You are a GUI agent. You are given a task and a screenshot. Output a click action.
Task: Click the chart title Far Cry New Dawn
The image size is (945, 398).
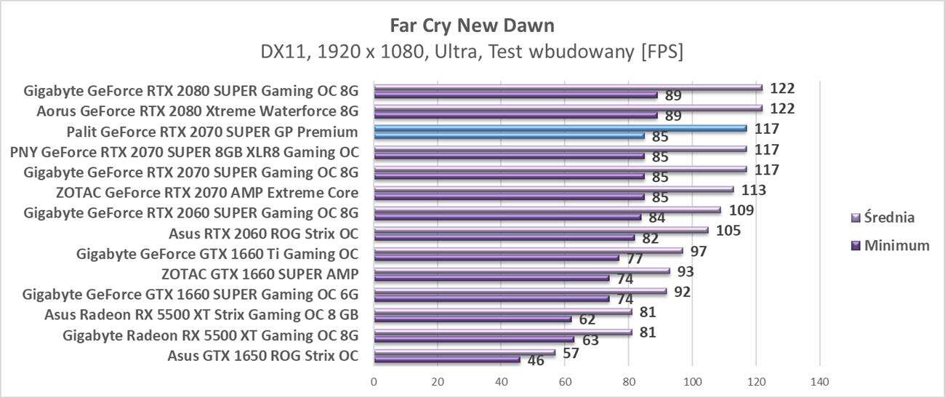472,26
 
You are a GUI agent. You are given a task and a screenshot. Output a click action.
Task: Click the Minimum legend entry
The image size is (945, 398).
896,245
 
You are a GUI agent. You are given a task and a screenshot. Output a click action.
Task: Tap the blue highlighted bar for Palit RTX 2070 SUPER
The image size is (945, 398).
560,128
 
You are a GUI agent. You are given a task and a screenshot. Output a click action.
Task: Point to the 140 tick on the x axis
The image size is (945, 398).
819,382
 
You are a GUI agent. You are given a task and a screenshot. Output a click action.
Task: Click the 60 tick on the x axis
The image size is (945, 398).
565,382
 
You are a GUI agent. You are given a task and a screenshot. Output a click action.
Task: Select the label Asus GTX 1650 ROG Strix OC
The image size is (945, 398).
262,356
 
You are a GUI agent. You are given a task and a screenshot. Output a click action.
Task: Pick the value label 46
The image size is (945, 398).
536,361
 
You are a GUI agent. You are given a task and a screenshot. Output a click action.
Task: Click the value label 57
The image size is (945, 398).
571,353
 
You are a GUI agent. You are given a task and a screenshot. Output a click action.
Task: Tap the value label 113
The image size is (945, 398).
752,190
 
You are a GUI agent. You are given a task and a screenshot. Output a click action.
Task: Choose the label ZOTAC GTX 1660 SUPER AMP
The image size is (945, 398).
260,274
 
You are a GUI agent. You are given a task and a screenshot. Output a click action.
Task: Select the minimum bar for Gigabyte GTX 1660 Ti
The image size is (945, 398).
496,258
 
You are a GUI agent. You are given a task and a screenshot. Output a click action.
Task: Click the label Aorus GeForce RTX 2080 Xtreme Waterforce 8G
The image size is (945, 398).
198,111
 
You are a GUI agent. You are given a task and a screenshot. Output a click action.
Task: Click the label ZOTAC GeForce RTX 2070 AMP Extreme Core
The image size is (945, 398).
206,193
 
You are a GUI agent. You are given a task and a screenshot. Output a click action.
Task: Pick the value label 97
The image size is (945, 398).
699,251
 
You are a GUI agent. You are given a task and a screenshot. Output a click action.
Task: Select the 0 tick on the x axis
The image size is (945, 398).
374,382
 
